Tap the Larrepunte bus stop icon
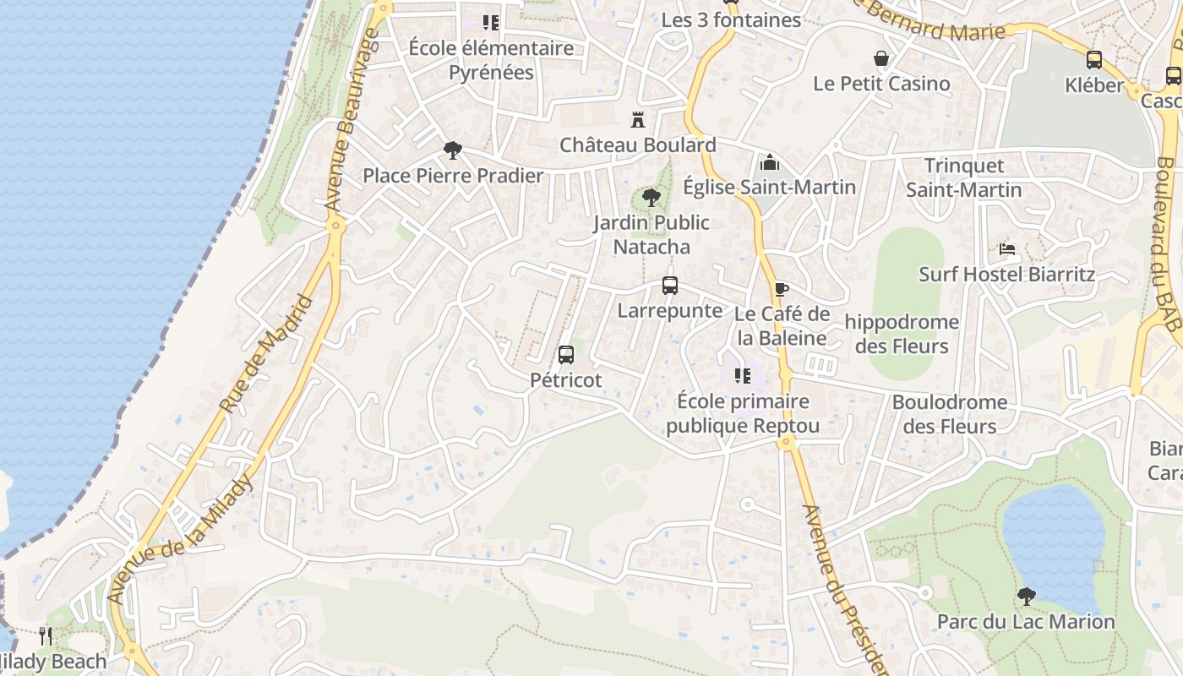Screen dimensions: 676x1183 point(670,286)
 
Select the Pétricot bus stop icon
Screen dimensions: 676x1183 point(566,355)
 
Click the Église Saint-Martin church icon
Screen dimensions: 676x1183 point(769,161)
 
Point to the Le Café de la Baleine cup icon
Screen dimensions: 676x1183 point(781,289)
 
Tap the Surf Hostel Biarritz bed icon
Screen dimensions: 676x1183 point(1006,248)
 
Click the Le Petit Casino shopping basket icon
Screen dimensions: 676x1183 point(881,58)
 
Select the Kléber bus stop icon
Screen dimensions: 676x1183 point(1094,60)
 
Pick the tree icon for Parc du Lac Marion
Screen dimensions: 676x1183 point(1026,597)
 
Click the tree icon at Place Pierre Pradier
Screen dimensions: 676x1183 point(453,150)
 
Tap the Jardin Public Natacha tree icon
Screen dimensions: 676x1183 point(651,198)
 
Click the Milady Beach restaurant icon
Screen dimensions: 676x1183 point(46,635)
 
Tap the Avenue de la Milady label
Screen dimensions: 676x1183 point(182,538)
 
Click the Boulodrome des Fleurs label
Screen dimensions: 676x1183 point(950,414)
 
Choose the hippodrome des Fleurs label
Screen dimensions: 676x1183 point(902,334)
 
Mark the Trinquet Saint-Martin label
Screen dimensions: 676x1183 point(964,177)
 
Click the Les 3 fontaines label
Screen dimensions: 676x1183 point(731,19)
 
